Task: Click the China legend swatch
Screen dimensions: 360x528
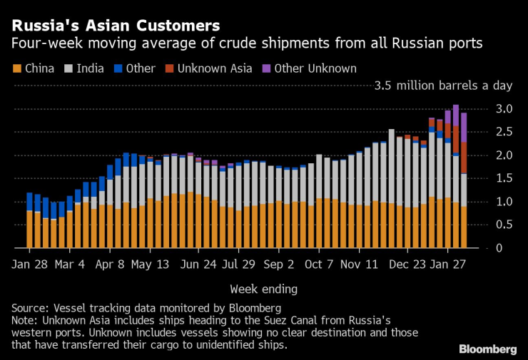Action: coord(16,69)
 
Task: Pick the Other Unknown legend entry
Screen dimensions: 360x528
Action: coord(316,69)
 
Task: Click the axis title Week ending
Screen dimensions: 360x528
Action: coord(264,289)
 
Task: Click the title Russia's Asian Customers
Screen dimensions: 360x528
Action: coord(115,26)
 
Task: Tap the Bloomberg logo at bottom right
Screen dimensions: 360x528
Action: coord(488,349)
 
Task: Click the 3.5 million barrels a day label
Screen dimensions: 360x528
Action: coord(444,86)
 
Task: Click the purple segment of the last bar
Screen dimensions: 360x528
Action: coord(464,127)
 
